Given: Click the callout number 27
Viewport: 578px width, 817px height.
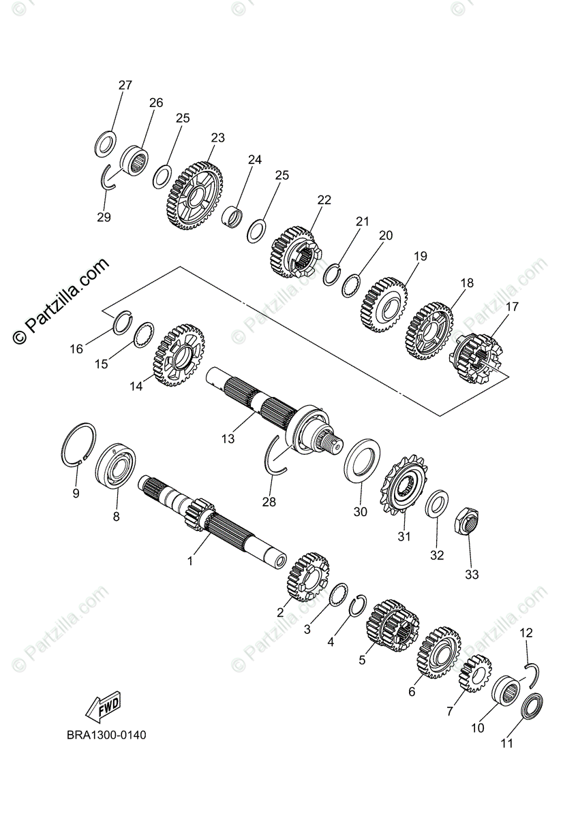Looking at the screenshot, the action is point(125,86).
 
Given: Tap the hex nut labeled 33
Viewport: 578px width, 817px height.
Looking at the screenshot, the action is point(466,523).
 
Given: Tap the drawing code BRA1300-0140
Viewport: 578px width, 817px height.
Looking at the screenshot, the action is point(106,735).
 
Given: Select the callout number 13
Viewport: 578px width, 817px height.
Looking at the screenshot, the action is point(228,439).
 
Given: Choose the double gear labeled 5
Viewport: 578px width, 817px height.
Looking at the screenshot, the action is point(391,625).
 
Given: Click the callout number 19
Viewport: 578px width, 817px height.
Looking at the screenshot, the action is point(420,257).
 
